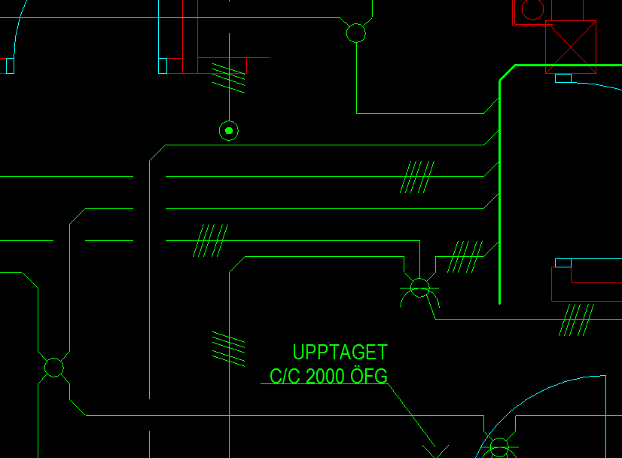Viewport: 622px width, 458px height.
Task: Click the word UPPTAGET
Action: [x=340, y=353]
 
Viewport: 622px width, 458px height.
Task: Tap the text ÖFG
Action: [x=369, y=376]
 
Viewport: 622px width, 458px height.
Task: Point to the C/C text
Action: [x=285, y=377]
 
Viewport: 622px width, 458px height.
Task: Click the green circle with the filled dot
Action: [x=229, y=131]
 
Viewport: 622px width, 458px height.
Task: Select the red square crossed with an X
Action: [x=570, y=46]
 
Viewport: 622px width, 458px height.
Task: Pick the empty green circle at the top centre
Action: [x=355, y=33]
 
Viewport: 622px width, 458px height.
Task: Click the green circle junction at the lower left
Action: [x=53, y=368]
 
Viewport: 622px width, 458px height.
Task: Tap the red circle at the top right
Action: [x=532, y=9]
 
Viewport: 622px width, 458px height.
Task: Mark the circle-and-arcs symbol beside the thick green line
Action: [x=419, y=288]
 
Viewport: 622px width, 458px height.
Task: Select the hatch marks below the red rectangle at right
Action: [x=577, y=320]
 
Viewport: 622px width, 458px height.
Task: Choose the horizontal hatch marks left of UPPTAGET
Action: [x=229, y=348]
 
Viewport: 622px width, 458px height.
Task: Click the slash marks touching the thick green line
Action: [x=465, y=257]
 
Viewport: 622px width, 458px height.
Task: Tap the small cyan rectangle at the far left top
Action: [x=10, y=66]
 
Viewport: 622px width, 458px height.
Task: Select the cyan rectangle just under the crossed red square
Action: [x=563, y=78]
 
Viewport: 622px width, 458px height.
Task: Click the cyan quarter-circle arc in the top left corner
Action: [x=20, y=26]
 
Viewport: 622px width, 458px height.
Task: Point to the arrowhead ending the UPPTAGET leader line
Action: [x=435, y=450]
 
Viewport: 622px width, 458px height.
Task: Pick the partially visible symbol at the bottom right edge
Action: [x=499, y=449]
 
